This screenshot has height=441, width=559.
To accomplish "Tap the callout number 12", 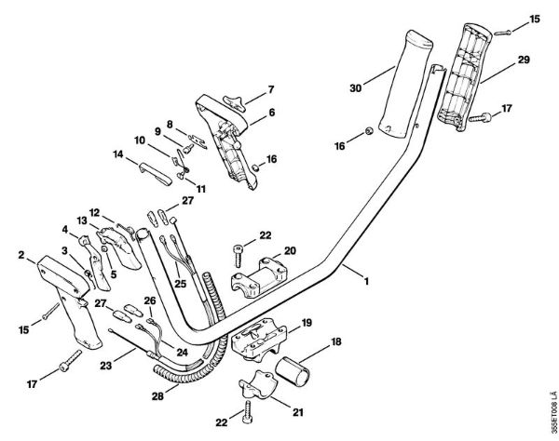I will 95,212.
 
